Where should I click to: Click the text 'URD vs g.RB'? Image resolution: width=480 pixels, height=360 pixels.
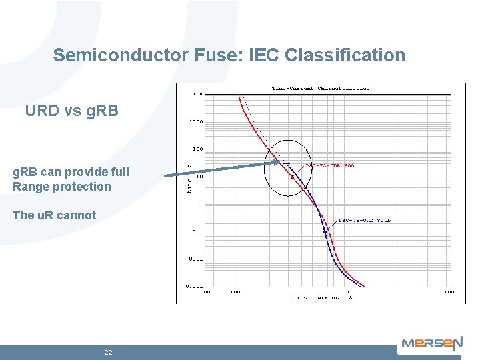tap(71, 111)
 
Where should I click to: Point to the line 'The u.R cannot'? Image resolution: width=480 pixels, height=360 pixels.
tap(54, 215)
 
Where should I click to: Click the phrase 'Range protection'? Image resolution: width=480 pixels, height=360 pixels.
tap(62, 187)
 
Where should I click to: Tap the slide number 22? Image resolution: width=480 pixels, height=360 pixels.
tap(108, 352)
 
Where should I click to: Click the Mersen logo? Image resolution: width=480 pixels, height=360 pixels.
tap(431, 344)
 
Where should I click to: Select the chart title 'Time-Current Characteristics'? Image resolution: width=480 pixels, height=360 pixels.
tap(320, 88)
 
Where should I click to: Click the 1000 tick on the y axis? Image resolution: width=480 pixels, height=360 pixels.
tap(195, 122)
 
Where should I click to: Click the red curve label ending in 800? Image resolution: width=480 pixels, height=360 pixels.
tap(329, 165)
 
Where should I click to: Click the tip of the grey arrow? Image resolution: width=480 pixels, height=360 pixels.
tap(279, 162)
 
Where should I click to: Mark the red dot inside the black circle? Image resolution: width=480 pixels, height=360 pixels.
tap(292, 177)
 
